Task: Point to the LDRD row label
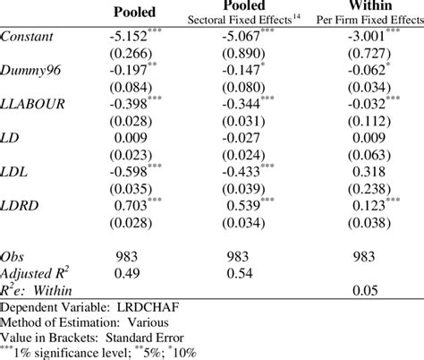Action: (21, 205)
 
